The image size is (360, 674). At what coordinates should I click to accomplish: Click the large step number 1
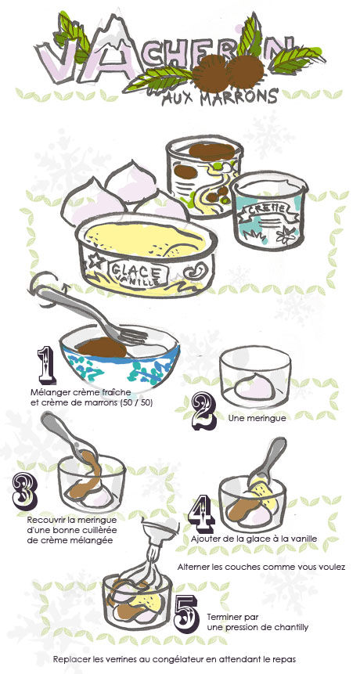(46, 366)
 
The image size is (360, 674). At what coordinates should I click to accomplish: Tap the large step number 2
(203, 413)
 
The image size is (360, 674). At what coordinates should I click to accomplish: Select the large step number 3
(25, 491)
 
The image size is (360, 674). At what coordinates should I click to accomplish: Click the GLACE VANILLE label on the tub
(138, 274)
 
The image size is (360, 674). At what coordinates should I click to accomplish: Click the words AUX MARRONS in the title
(219, 98)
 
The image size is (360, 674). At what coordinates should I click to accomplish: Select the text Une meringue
(251, 417)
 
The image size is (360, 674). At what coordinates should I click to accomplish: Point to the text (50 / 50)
(138, 403)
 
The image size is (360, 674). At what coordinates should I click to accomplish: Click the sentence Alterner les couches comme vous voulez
(261, 567)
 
